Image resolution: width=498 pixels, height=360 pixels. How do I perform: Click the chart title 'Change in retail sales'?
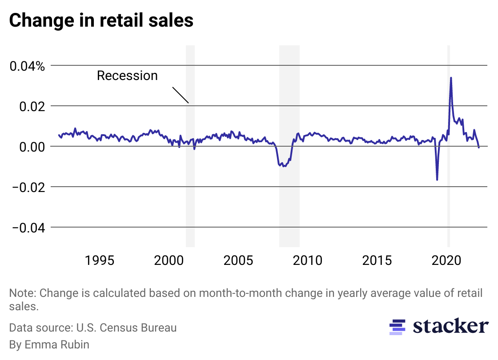pos(101,20)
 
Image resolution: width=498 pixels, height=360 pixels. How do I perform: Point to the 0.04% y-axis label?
pos(28,66)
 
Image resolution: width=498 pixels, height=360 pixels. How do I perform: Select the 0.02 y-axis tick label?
pos(32,107)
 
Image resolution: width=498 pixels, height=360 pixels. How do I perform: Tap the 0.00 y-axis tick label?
pos(32,147)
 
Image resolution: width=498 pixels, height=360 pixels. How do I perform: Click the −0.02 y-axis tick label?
pos(28,188)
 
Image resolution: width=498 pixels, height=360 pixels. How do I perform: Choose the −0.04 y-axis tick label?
pos(28,228)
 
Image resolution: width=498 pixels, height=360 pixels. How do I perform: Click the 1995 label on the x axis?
pos(99,260)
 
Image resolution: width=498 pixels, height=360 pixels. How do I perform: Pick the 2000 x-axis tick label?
pos(169,260)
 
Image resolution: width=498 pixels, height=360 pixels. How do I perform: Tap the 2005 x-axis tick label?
pos(238,260)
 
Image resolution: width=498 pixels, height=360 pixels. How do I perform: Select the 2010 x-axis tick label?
pos(308,260)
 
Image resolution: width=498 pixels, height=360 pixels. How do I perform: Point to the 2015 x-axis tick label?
pos(377,260)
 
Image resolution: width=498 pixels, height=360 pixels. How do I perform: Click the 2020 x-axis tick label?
pos(446,260)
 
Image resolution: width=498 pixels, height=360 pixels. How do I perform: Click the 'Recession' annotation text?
pos(127,76)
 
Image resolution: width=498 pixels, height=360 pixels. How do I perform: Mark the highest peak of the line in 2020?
pos(451,78)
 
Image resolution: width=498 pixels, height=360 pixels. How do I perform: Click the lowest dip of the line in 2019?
pos(437,180)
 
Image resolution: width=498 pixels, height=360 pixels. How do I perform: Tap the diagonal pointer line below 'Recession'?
pos(181,95)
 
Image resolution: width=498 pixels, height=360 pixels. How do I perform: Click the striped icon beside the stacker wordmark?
pos(397,327)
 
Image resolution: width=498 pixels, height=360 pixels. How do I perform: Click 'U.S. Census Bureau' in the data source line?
pos(126,328)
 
